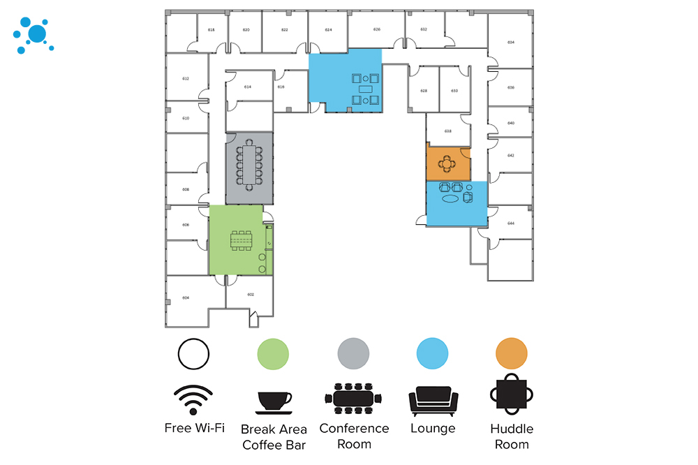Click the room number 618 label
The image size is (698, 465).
coord(211,30)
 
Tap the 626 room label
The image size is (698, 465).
coord(377,29)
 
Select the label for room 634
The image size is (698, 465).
coord(511,43)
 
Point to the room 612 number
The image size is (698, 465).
coord(186,78)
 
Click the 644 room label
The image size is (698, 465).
coord(511,223)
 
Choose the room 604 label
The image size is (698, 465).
coord(186,298)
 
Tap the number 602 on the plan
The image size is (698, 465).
coord(250,296)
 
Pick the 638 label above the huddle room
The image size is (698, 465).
coord(448,131)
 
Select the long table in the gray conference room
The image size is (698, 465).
coord(248,167)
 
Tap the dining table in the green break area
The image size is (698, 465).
coord(242,240)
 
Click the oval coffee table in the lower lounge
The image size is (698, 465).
coord(451,199)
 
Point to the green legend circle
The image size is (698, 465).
coord(273,353)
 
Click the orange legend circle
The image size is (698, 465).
coord(512,353)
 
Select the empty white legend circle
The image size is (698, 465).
coord(193,353)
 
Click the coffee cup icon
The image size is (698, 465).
coord(274,401)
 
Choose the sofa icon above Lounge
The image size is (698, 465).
coord(433,401)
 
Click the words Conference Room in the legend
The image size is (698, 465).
coord(354,436)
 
